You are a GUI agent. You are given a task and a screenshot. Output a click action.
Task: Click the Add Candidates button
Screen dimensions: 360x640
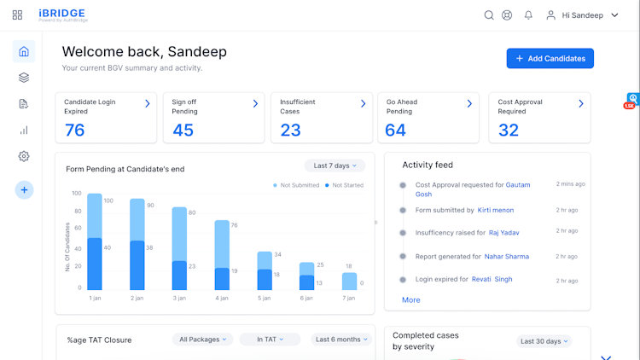(550, 58)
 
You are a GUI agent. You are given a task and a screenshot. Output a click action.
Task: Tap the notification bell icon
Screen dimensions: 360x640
(528, 15)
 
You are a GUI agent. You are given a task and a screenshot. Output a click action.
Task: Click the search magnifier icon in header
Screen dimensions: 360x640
(489, 15)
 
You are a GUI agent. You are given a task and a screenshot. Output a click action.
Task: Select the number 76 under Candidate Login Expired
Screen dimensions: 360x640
(75, 130)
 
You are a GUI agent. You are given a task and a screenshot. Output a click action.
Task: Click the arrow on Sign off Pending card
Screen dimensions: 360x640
(255, 103)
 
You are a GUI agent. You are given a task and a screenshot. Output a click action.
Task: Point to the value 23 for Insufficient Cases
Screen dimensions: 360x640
(291, 130)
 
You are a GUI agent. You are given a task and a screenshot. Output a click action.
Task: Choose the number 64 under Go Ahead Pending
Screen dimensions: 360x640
(396, 130)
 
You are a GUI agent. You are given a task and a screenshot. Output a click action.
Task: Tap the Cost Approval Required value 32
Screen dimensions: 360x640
(509, 130)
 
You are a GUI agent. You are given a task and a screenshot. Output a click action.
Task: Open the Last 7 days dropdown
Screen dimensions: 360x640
(335, 165)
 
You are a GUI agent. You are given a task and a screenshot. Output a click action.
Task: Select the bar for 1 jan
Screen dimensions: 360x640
(95, 242)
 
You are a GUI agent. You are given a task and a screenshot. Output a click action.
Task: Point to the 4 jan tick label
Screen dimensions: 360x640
(221, 298)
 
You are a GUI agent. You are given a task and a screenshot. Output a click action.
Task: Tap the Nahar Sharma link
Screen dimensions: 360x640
(507, 256)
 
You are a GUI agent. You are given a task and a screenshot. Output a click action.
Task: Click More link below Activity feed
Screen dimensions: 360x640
(411, 300)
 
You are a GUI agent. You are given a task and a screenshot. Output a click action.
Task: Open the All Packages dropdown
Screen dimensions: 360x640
(203, 340)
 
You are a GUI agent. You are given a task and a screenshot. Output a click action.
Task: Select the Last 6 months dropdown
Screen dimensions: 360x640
(340, 340)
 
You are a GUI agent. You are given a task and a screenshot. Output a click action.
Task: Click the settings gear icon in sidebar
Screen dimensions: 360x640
(24, 156)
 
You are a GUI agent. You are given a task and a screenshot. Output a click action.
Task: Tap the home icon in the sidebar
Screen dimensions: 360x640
(24, 51)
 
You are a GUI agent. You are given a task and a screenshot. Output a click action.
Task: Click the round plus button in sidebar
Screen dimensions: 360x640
(24, 190)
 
